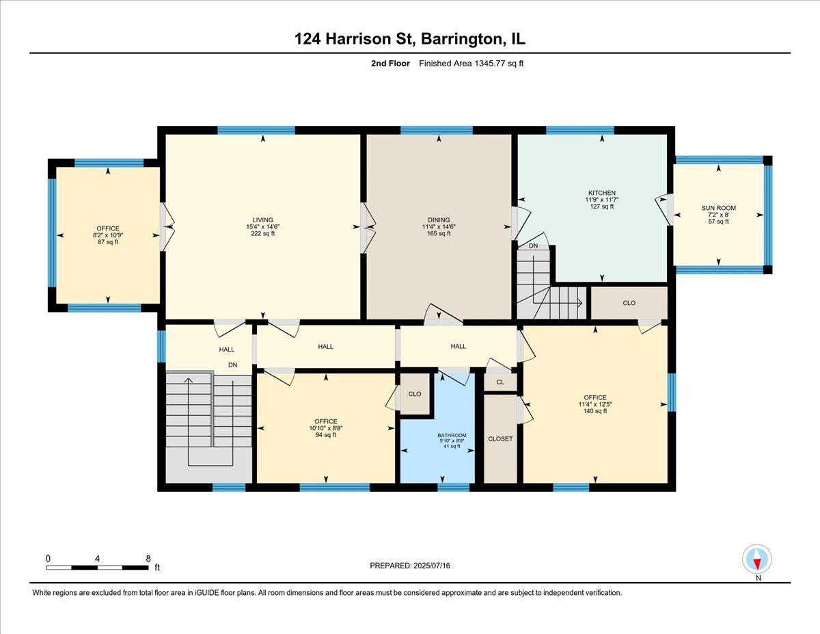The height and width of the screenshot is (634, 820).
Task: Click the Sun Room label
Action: coord(718,208)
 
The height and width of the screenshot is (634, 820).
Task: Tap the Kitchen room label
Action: coord(601,193)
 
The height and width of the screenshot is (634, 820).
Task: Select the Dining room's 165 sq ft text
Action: coord(439,233)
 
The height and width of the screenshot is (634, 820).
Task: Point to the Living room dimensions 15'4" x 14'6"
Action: coord(262,226)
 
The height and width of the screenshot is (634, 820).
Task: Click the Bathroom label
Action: coord(452,436)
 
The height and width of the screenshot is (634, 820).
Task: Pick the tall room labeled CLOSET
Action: coord(500,439)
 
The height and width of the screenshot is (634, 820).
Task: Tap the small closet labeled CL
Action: coord(500,382)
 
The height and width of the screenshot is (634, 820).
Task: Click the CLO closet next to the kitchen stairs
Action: coord(629,303)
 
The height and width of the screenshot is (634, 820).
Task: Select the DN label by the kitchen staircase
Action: coord(533,246)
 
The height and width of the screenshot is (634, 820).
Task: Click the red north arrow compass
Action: coord(756,559)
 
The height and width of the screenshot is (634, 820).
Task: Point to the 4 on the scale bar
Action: coord(97,559)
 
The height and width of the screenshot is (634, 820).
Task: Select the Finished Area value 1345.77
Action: coord(490,64)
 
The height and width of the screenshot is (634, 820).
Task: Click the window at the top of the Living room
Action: coord(256,130)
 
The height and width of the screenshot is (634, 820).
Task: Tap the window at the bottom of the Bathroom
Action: coord(453,488)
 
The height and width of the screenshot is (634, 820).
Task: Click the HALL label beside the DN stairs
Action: coord(226,349)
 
